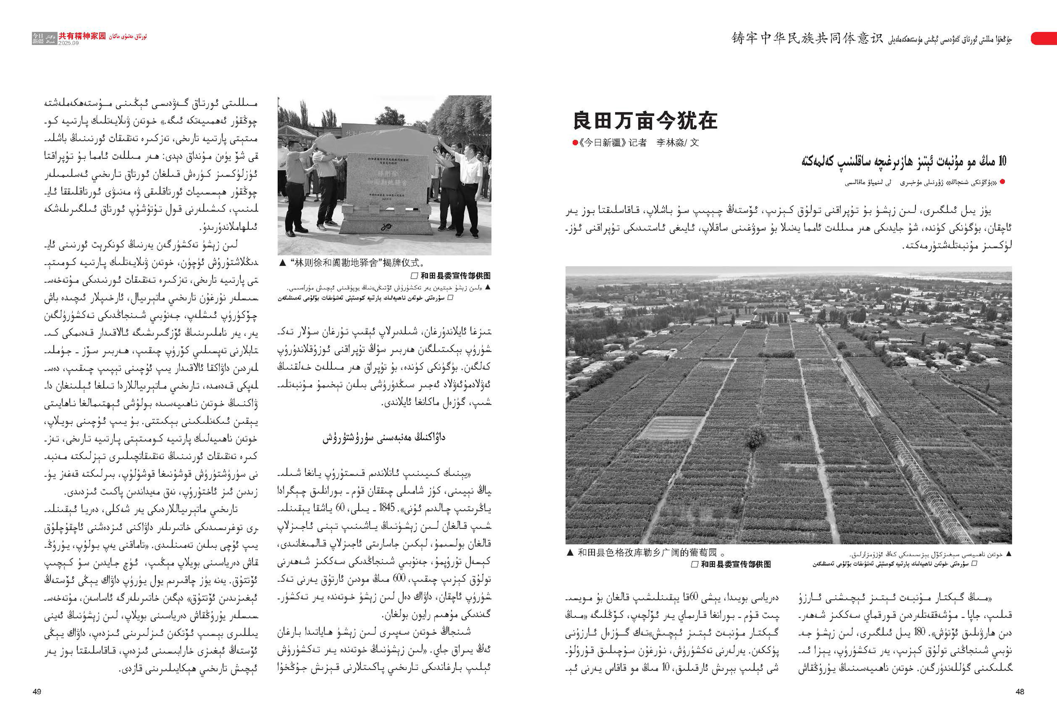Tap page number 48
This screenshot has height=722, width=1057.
click(1020, 691)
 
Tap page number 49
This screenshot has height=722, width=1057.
click(37, 691)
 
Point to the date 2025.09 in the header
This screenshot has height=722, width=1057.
click(68, 43)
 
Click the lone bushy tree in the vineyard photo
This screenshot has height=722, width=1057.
click(755, 436)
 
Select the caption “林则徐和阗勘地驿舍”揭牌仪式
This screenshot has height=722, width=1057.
click(357, 263)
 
